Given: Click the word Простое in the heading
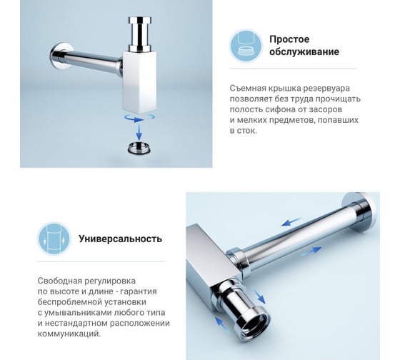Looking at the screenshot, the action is (289, 39).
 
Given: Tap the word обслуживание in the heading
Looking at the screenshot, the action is (304, 52).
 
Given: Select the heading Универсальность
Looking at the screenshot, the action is (120, 239).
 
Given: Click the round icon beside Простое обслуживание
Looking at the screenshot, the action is (246, 46).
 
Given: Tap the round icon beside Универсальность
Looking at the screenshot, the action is (54, 239).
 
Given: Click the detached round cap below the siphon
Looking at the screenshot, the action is (139, 148).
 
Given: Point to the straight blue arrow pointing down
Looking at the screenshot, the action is (139, 132).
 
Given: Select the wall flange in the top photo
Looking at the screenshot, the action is (61, 56).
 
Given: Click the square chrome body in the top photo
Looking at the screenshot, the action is (139, 82).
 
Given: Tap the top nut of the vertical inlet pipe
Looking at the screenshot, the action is (139, 21).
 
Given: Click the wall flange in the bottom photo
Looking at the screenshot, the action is (362, 213).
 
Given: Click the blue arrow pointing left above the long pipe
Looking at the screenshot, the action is (291, 221).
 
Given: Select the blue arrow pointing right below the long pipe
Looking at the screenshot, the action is (311, 251).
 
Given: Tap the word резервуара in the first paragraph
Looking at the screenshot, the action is (326, 89).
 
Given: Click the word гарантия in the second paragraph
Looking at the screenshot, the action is (139, 291).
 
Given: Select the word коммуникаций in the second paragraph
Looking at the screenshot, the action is (69, 334).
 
